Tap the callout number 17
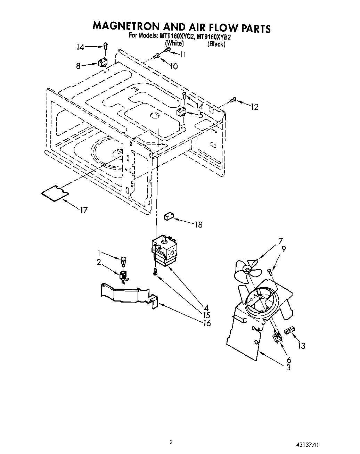pos(84,210)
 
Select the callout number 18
pos(198,225)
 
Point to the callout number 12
pos(255,107)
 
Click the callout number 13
pos(301,346)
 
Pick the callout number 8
pos(79,65)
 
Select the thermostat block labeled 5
pos(181,112)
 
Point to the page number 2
pos(171,442)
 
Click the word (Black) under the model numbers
pos(216,44)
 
